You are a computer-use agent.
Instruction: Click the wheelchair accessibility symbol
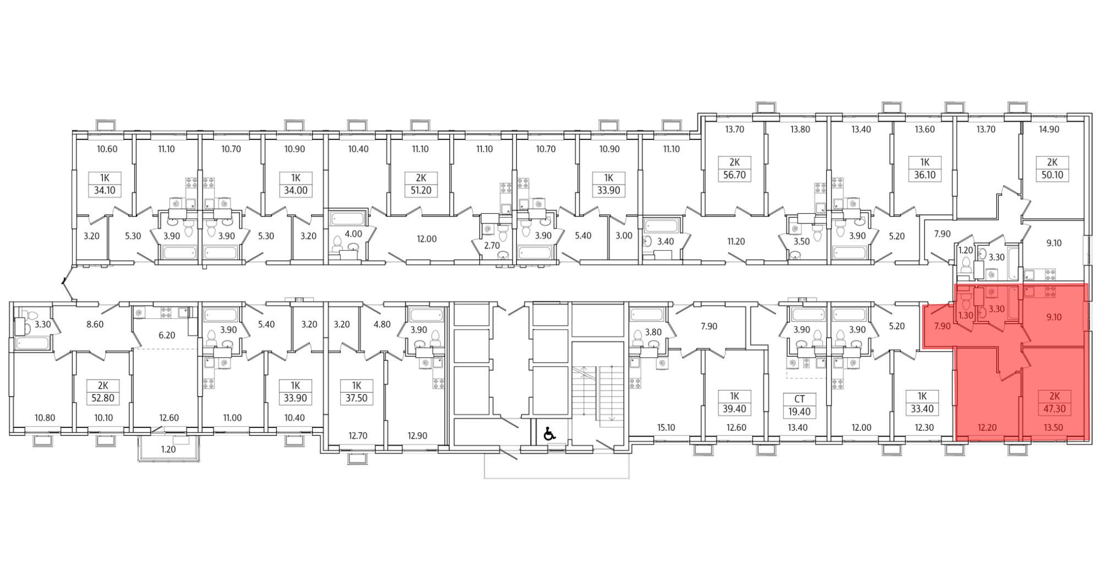549,434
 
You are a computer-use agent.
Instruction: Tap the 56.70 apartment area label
734,175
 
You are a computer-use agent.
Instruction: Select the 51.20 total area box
421,191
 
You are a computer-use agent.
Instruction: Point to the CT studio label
799,399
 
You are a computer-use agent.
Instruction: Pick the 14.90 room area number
1049,129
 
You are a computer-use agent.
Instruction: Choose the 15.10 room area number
666,427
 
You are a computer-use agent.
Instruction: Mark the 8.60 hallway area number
95,324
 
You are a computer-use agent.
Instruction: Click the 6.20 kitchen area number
166,335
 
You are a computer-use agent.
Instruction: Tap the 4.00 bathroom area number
353,234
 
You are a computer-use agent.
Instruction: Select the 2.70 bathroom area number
491,246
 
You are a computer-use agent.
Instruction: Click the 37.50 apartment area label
357,398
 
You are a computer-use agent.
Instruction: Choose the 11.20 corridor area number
735,241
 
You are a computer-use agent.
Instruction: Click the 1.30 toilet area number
965,316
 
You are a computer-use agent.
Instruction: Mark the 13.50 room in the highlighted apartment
1053,427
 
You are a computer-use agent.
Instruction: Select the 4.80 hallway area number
381,324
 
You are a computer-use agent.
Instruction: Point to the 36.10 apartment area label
925,175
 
